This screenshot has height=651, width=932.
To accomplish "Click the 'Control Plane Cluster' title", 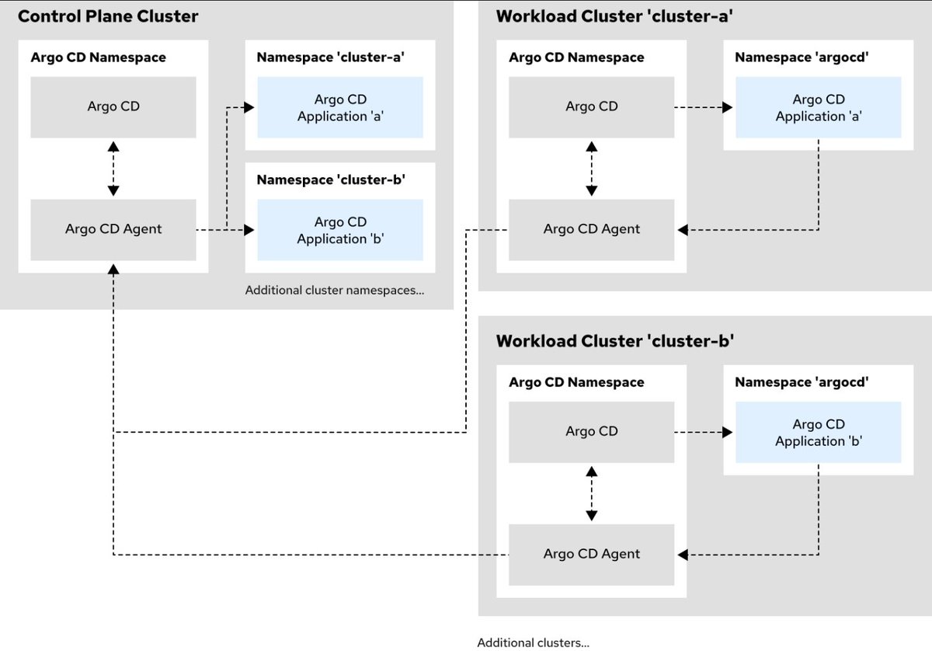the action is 108,16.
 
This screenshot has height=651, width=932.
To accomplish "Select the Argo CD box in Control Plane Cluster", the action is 113,107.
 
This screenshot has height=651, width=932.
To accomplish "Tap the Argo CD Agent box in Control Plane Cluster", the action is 113,230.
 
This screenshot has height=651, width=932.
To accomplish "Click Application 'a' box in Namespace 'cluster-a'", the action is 340,107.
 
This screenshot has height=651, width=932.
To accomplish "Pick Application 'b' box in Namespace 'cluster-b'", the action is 340,230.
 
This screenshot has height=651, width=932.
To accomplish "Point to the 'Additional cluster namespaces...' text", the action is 335,290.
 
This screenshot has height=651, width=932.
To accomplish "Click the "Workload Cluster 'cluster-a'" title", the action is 614,16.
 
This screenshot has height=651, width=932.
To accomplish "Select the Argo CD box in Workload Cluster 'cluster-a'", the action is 591,107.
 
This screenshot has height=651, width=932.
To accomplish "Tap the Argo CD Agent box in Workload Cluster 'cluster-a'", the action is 591,230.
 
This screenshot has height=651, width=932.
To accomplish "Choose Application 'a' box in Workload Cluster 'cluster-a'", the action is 819,107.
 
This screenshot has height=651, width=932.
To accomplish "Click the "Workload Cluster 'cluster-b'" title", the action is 614,341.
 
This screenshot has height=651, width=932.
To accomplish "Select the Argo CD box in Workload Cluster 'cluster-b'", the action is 591,432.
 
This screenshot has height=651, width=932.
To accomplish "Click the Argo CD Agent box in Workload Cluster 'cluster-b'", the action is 591,555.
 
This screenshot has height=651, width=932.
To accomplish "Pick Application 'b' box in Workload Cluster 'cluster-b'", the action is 819,432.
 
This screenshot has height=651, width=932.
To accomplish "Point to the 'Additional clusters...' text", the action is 533,642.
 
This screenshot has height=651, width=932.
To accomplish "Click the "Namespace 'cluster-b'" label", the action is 331,179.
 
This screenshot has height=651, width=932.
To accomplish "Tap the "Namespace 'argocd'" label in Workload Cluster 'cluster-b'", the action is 802,381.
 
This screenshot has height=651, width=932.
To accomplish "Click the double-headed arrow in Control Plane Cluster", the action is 113,169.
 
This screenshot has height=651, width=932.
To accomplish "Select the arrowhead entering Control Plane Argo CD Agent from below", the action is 113,270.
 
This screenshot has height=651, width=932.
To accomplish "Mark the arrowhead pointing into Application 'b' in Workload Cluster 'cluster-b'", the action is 727,432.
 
